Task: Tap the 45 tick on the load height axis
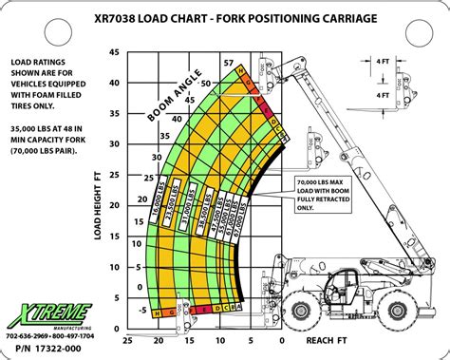pyautogui.click(x=115, y=52)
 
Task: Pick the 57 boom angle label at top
pyautogui.click(x=229, y=63)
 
